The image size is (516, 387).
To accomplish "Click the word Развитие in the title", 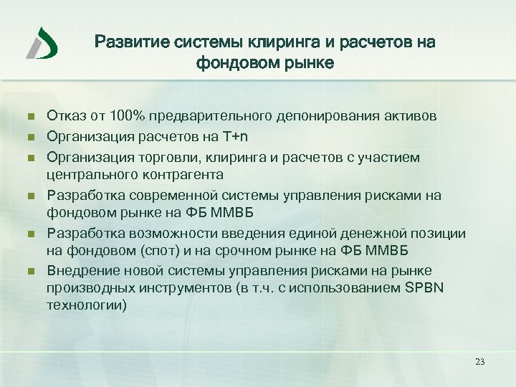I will (x=128, y=42).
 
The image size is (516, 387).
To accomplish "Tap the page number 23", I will (x=479, y=362).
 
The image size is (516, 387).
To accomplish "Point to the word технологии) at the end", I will (x=85, y=306).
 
